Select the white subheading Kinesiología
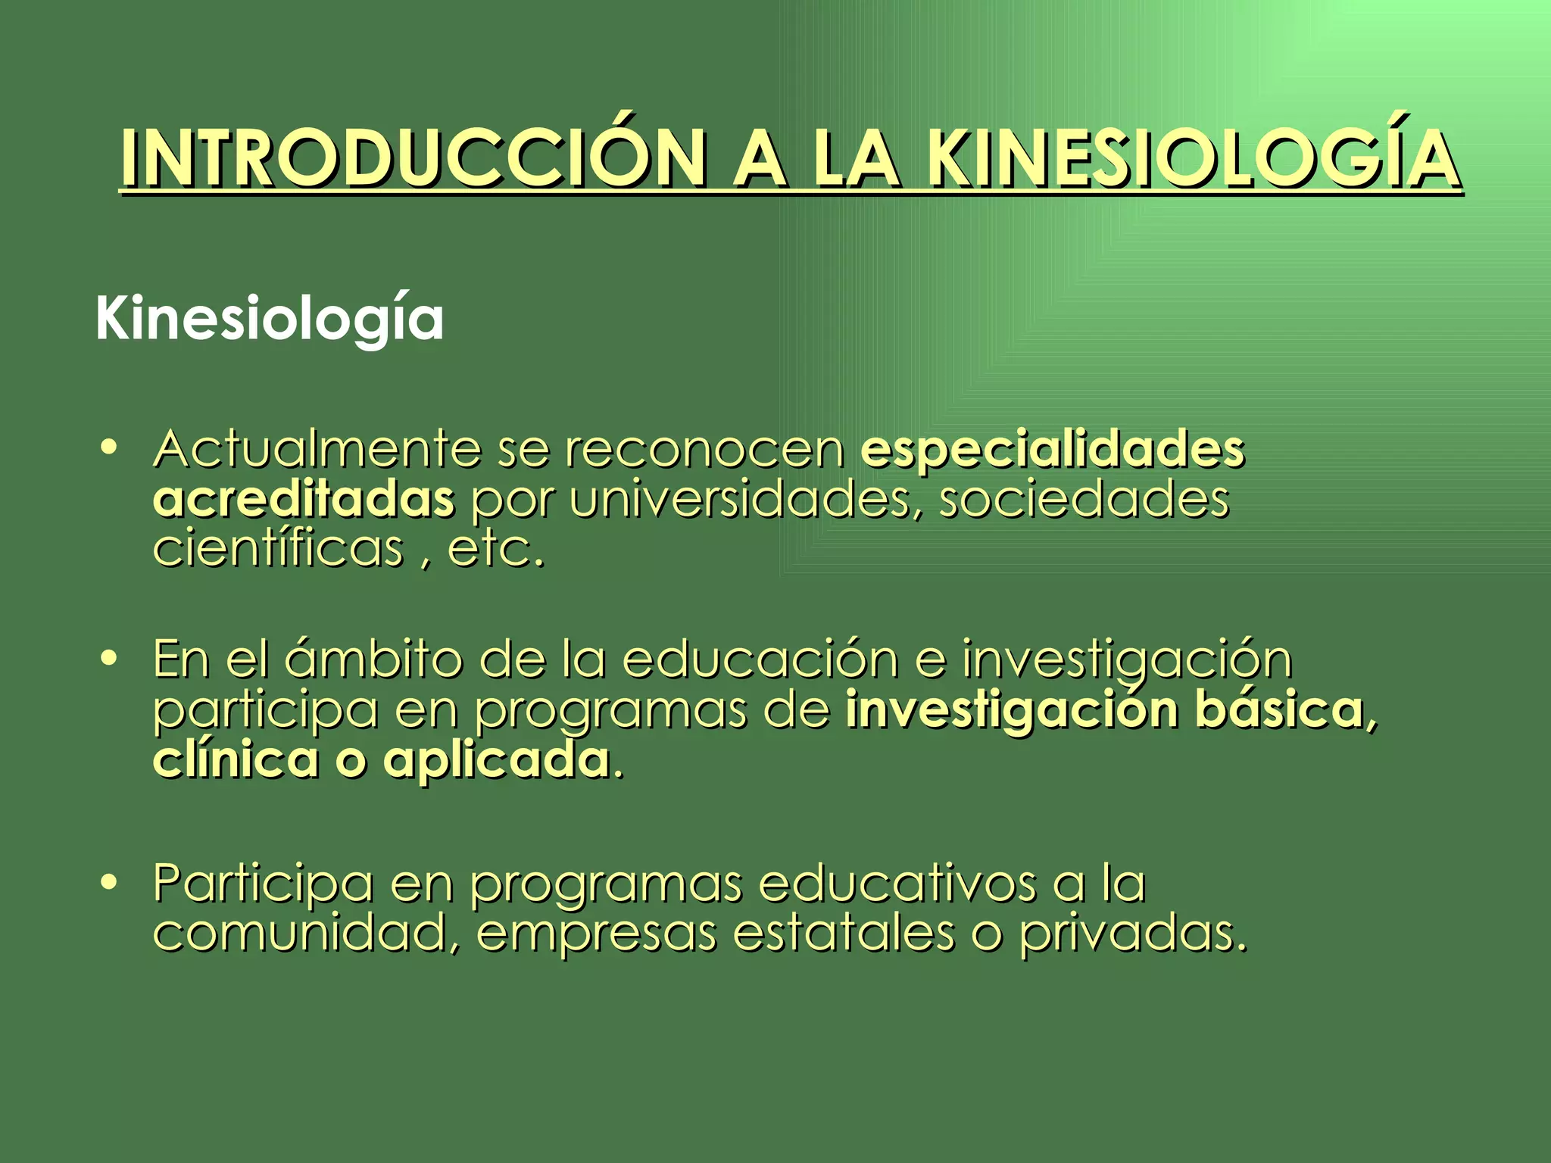tap(269, 320)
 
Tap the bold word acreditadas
tap(303, 500)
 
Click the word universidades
tap(739, 500)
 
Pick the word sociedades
tap(1084, 500)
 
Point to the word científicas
tap(278, 548)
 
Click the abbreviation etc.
tap(496, 550)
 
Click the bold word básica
tap(1279, 710)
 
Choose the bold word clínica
tap(236, 760)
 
